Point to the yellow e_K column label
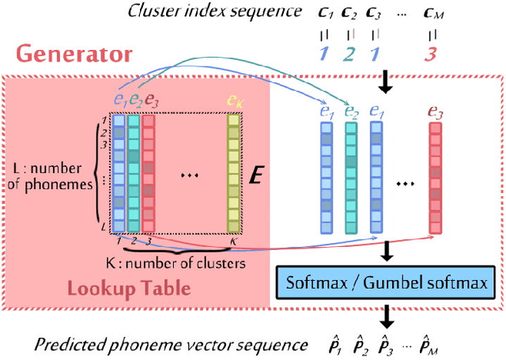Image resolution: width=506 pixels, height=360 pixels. click(234, 100)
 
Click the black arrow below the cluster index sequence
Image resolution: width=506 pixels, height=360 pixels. click(383, 81)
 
